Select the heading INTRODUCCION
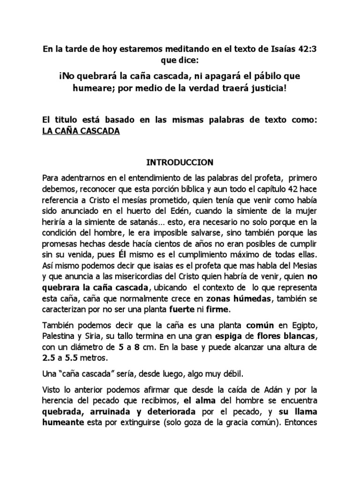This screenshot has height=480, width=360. pos(180,163)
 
